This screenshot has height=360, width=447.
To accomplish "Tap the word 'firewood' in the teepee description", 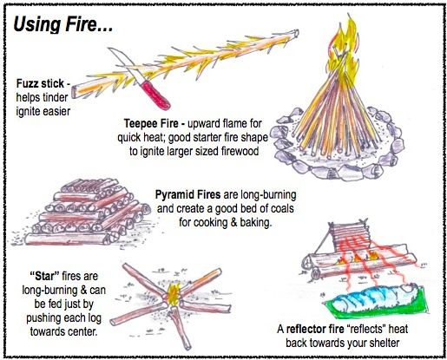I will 246,154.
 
